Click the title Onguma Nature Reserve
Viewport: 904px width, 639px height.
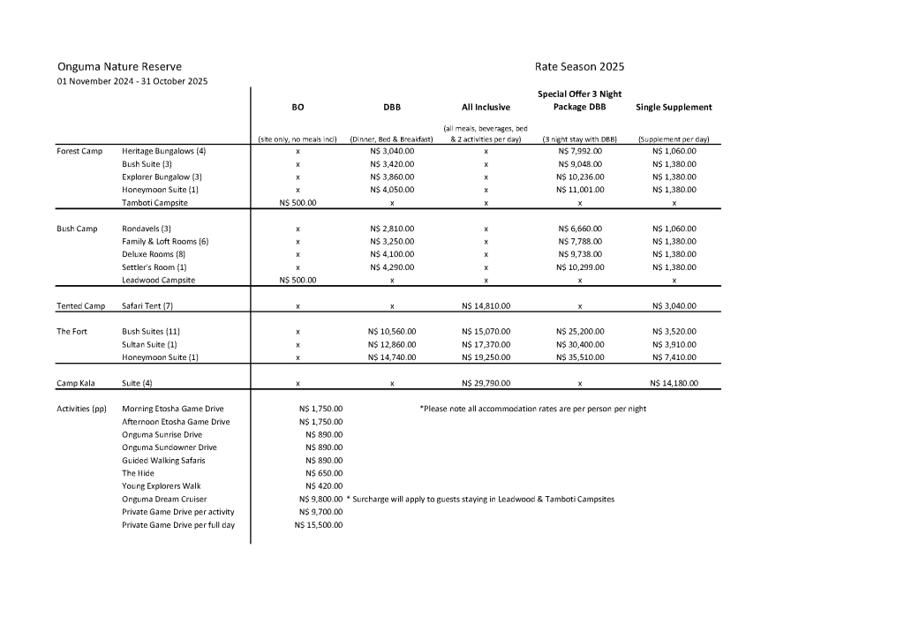coord(119,66)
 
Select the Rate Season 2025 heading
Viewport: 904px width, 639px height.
coord(579,66)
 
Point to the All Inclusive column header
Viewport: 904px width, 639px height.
coord(486,107)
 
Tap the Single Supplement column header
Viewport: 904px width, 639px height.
coord(674,107)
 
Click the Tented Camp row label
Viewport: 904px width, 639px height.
coord(80,306)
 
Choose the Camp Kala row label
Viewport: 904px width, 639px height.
coord(78,383)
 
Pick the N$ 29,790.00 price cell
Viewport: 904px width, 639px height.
coord(486,383)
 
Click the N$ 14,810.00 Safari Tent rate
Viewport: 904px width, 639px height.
coord(486,306)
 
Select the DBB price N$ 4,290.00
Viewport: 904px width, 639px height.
coord(392,267)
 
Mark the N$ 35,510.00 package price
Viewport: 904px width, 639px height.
coord(580,357)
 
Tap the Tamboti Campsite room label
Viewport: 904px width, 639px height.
coord(154,203)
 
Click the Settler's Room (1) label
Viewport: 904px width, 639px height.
coord(154,267)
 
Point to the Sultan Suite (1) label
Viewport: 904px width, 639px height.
coord(149,344)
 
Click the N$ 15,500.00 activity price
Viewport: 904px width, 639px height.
coord(319,525)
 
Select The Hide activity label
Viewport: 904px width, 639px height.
coord(138,473)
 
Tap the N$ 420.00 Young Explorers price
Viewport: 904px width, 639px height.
coord(324,486)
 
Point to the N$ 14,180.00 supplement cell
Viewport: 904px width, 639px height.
coord(674,383)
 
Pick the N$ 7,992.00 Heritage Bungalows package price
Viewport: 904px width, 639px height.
coord(580,151)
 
